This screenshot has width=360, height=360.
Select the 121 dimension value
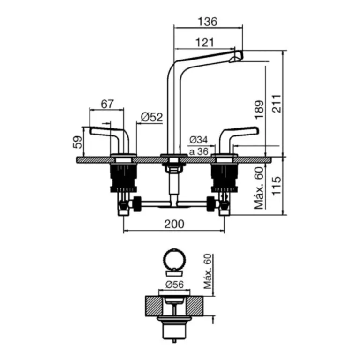pyautogui.click(x=204, y=42)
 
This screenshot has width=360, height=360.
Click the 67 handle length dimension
pyautogui.click(x=107, y=104)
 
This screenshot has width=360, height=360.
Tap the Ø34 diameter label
pyautogui.click(x=198, y=140)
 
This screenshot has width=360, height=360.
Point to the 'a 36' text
pyautogui.click(x=198, y=151)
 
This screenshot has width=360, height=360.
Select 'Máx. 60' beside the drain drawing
pyautogui.click(x=209, y=271)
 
